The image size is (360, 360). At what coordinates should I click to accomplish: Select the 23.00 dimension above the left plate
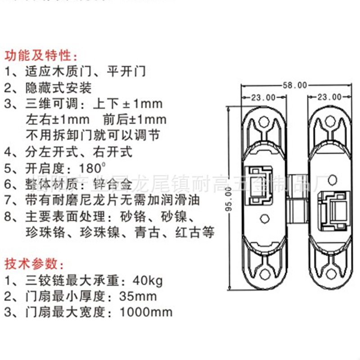point(263,97)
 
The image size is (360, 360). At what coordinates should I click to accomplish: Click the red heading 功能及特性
point(41,56)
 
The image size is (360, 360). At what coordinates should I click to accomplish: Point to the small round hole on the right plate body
point(333,179)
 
